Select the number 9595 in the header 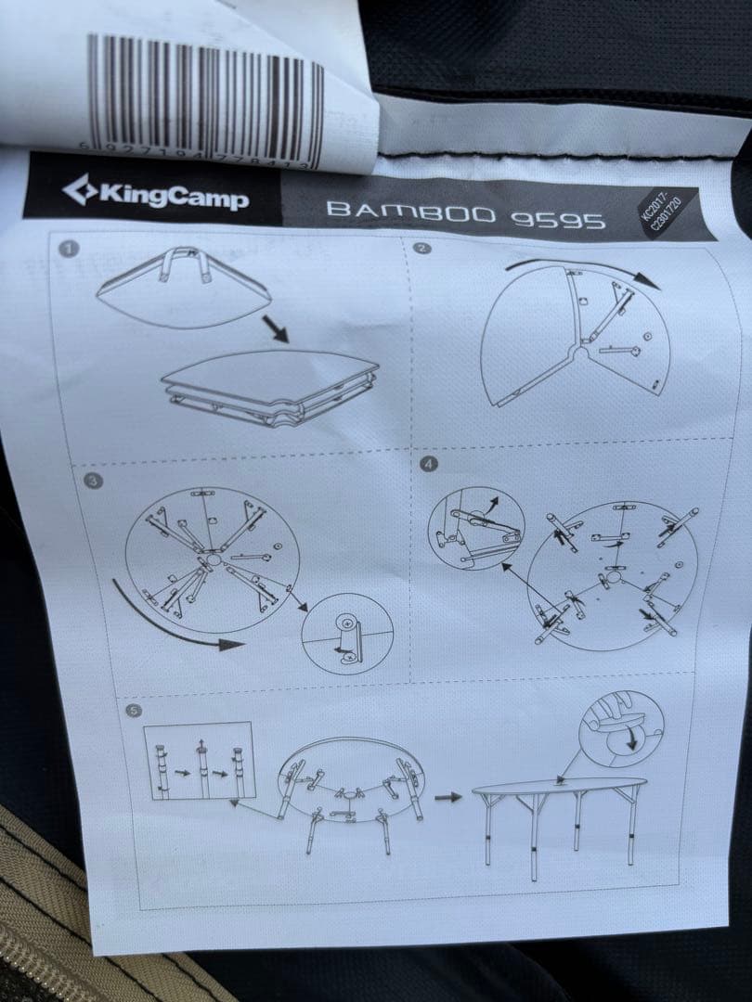[x=558, y=219]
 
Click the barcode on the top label [x=205, y=101]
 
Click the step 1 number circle [x=68, y=249]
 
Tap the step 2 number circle [x=422, y=249]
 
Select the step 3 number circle [x=91, y=480]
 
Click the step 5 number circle [x=136, y=712]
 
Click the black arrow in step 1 [x=276, y=328]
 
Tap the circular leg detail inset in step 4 [x=474, y=527]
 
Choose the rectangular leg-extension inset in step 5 [x=200, y=762]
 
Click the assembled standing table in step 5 [x=557, y=816]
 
